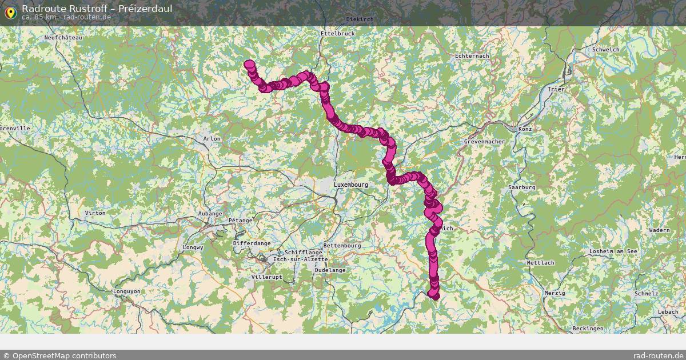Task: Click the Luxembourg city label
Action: (x=350, y=185)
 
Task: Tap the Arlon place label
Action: (x=212, y=139)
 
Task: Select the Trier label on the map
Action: (x=555, y=90)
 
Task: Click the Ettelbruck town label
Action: (x=338, y=34)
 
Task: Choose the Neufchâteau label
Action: (x=63, y=38)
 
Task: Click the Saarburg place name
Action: (x=521, y=187)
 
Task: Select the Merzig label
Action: (x=555, y=293)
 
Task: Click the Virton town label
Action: (x=95, y=213)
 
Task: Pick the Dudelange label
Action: (x=330, y=270)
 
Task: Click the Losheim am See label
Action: (x=612, y=251)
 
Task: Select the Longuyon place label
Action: (x=127, y=291)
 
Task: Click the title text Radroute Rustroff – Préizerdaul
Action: (x=97, y=9)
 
